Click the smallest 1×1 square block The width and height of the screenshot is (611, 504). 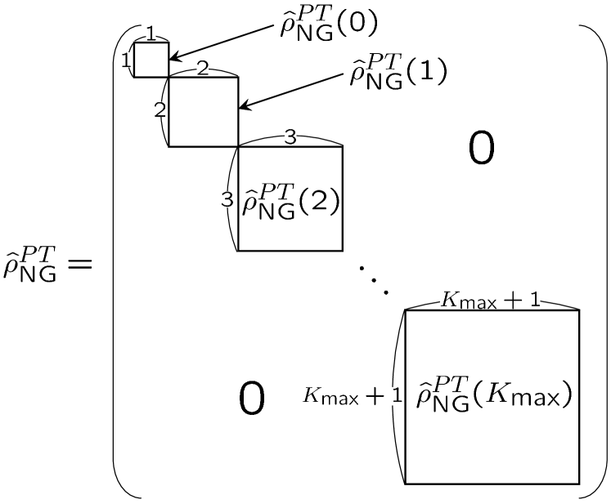pos(151,60)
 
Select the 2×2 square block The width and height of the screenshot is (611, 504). pos(203,112)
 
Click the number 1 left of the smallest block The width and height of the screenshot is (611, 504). pos(126,60)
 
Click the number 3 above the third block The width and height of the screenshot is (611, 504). pos(290,138)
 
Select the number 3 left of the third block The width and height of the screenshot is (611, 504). pos(228,198)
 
